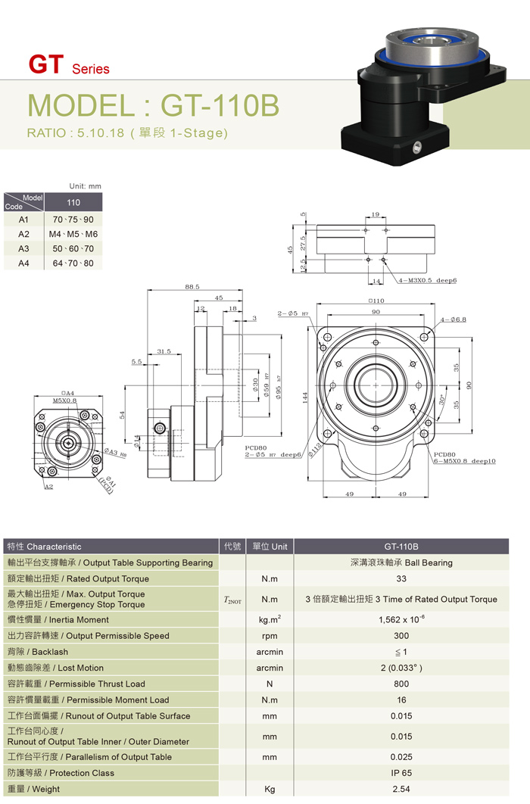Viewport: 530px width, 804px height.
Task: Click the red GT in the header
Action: [x=45, y=65]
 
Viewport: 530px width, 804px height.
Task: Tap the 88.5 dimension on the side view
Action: [x=192, y=287]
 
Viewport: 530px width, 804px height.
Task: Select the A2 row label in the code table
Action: [x=23, y=234]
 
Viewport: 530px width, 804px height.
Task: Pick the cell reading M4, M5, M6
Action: [x=73, y=234]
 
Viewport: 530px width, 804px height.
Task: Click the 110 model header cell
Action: [x=73, y=203]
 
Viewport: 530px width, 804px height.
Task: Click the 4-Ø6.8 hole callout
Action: [x=454, y=319]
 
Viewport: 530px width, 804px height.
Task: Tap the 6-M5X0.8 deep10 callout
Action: [x=465, y=461]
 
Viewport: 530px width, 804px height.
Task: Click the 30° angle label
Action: [x=441, y=398]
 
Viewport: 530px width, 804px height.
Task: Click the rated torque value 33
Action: [x=401, y=579]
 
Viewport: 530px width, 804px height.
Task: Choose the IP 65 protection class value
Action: [x=401, y=773]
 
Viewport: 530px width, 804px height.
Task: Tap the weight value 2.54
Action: [x=401, y=790]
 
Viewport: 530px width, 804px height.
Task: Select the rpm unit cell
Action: [x=270, y=636]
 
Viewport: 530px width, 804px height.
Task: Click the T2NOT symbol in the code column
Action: [x=232, y=600]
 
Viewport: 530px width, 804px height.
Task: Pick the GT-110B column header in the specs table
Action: [x=401, y=547]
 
